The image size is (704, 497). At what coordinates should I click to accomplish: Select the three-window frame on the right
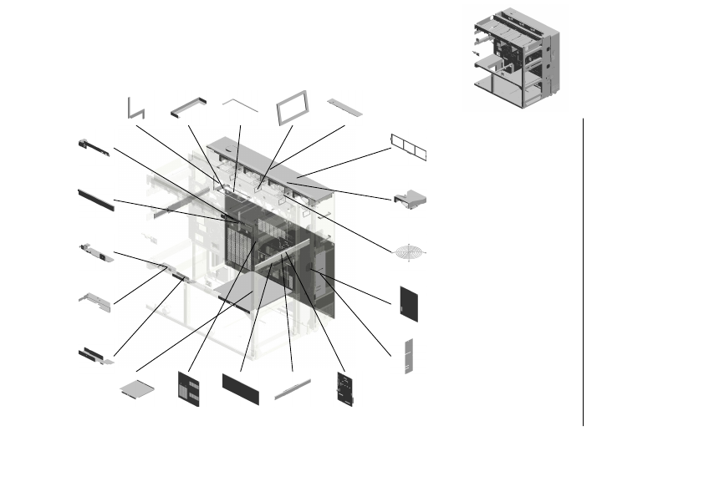[411, 146]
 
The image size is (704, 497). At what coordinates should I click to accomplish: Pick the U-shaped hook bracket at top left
[135, 108]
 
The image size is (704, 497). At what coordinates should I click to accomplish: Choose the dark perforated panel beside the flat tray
[189, 388]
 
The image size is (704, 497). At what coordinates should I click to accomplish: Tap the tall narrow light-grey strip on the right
[409, 356]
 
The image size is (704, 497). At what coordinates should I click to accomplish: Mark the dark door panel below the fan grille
[409, 302]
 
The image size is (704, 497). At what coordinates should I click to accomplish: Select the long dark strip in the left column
[95, 199]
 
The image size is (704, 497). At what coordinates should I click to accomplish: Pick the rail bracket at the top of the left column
[94, 148]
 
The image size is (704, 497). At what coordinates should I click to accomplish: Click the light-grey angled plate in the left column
[94, 301]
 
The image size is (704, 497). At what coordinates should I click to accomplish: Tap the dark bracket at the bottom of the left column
[94, 357]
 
